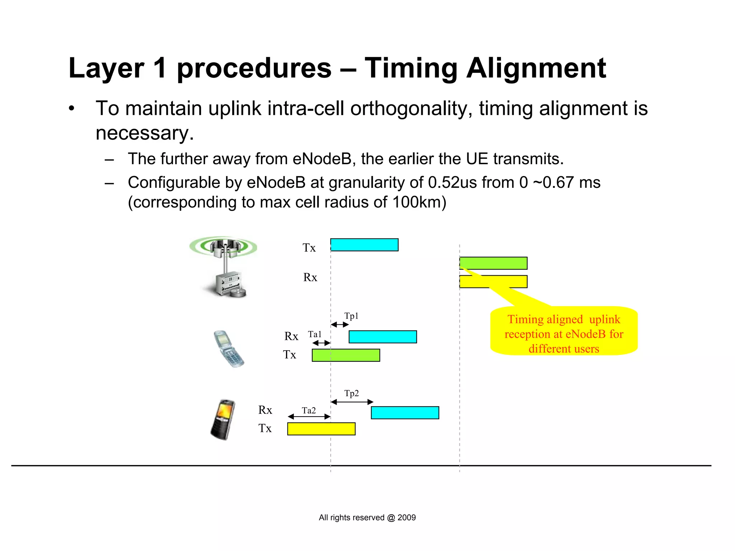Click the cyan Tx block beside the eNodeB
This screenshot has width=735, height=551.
[364, 245]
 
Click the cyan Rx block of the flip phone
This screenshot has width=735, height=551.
[383, 337]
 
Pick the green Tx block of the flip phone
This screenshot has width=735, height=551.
[346, 355]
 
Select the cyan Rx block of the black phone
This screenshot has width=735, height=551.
[405, 413]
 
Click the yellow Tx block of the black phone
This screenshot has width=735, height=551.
[321, 429]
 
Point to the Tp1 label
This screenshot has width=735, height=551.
[351, 316]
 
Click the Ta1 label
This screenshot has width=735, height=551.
[315, 334]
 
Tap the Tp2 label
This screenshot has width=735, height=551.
[351, 393]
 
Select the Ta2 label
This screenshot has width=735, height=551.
[309, 410]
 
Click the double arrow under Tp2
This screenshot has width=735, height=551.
[352, 402]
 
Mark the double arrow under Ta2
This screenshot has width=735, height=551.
[309, 417]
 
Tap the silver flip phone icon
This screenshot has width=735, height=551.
[229, 349]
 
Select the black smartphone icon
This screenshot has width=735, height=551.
[223, 419]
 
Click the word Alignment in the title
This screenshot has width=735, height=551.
[536, 68]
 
